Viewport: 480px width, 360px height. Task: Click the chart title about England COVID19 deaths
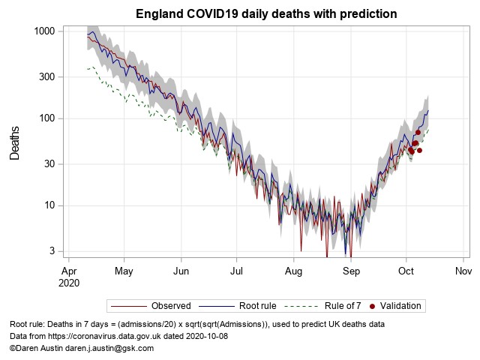tap(266, 14)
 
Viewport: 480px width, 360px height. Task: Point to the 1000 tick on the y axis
tap(43, 31)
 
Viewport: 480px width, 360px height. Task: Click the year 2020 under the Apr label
tap(68, 283)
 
